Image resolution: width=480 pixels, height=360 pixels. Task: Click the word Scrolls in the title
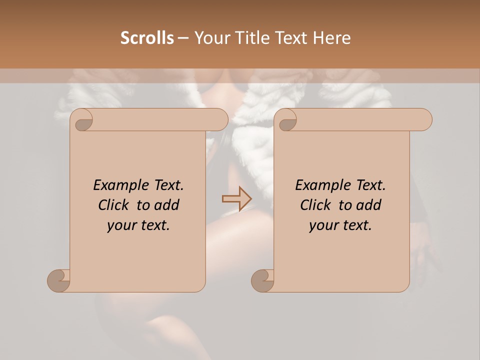[147, 38]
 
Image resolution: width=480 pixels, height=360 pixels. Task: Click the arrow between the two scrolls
[237, 199]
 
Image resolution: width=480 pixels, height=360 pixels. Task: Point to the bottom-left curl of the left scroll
[58, 280]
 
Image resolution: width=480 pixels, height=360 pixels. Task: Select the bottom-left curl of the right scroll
[262, 280]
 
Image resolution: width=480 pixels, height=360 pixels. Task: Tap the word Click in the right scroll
[316, 205]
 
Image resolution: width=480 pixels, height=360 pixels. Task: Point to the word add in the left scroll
[166, 205]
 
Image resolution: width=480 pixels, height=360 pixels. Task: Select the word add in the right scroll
[368, 205]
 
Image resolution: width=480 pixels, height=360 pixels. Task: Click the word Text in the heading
[294, 38]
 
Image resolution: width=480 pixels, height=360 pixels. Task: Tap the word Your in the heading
[210, 38]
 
